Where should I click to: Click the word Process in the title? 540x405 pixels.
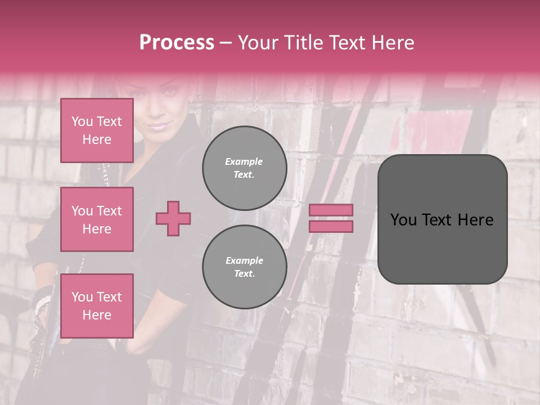tap(177, 43)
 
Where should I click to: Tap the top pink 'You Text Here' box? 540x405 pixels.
tap(97, 130)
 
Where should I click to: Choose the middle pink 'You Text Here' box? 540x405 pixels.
tap(97, 219)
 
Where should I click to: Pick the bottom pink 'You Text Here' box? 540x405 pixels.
tap(97, 305)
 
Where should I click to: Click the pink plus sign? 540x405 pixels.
tap(173, 218)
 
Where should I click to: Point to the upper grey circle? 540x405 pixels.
tap(244, 168)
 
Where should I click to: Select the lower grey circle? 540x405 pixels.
tap(244, 267)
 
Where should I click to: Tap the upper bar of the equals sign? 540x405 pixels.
tap(331, 210)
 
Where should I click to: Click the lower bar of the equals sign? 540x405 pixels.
tap(331, 226)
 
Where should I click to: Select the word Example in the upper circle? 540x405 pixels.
tap(244, 161)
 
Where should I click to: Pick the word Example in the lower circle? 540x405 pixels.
tap(244, 260)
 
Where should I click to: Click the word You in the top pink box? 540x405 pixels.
tap(82, 121)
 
